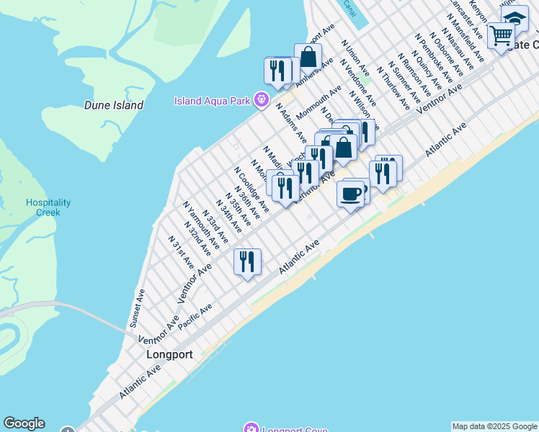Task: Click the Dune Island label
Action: point(113,105)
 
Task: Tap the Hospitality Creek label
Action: point(48,207)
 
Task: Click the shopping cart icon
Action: point(502,34)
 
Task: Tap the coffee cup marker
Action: point(351,194)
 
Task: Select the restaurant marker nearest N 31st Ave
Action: point(247,261)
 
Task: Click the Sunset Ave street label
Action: point(137,309)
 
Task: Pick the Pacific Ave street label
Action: point(195,317)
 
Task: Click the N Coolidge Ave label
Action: point(251,190)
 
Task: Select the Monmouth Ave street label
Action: point(318,104)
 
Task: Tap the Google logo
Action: point(24,423)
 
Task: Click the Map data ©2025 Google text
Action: point(495,426)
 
